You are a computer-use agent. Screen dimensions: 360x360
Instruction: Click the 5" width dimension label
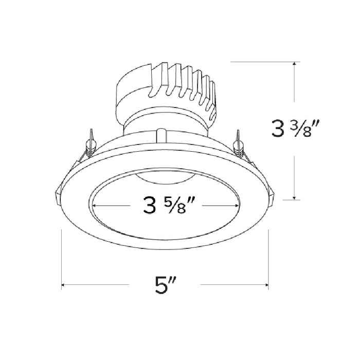pos(165,284)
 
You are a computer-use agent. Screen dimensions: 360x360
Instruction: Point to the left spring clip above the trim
pos(91,142)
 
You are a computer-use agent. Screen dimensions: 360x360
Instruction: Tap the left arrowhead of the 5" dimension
pos(64,284)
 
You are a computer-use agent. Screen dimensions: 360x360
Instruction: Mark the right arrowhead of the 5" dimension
pos(266,284)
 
